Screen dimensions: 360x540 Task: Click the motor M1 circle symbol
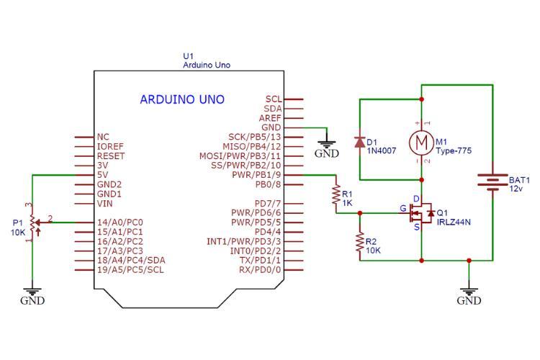point(422,142)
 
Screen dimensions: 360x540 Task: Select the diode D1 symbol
point(359,141)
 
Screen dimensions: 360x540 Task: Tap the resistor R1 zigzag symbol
point(336,194)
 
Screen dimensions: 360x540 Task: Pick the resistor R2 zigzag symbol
point(359,242)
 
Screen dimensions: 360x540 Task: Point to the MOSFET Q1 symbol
point(420,213)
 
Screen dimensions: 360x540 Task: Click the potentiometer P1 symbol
point(32,222)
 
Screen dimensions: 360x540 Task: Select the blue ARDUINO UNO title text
point(181,99)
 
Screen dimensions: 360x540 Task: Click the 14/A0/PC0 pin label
point(120,222)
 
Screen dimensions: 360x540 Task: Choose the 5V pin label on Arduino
point(102,174)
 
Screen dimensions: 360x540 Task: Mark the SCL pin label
point(273,99)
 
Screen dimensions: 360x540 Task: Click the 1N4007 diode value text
point(382,151)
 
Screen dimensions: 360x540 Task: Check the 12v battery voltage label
point(516,189)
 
